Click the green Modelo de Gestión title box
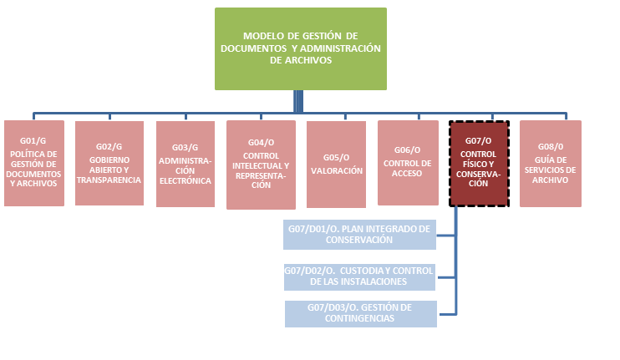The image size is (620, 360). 301,48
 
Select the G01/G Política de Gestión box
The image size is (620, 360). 34,164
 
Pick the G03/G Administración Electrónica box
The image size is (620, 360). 185,164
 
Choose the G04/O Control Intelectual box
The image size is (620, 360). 261,165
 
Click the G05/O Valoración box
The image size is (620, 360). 336,164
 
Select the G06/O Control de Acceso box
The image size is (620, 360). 407,163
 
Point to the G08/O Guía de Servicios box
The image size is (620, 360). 551,164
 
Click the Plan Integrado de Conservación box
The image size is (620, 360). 359,235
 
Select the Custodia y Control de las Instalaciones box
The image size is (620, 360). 359,275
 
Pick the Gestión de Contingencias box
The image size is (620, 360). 360,313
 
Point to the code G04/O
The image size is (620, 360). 261,142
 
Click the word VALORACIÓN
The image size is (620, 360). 336,170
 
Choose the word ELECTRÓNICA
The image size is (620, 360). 185,180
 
